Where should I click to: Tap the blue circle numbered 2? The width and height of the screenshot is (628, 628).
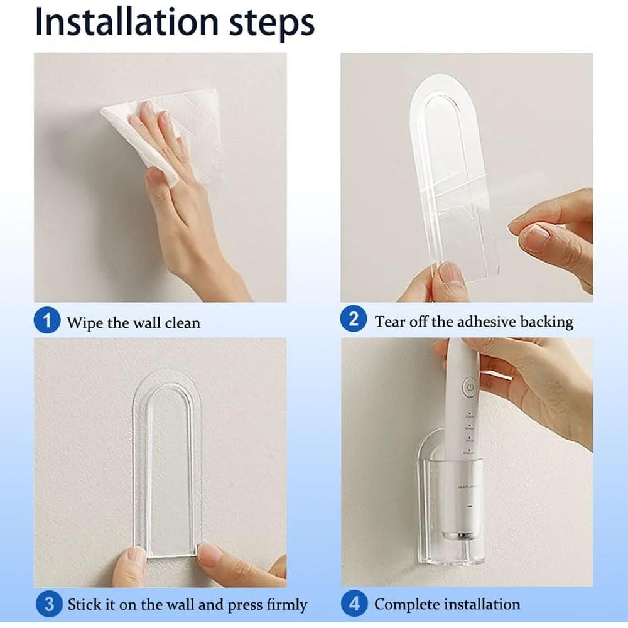tap(354, 320)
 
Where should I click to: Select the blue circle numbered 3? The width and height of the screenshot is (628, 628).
tap(48, 605)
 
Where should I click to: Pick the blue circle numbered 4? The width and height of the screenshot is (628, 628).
tap(355, 604)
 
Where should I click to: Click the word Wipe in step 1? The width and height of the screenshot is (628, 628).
tap(85, 323)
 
